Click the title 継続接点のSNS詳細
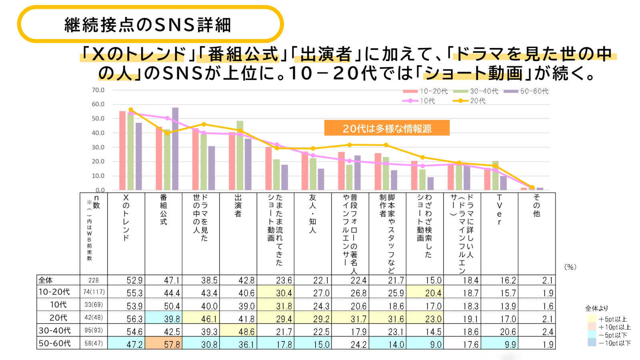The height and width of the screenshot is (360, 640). coord(148,25)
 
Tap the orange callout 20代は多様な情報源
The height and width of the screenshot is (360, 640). coord(387,128)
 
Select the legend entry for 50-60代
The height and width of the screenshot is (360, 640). coord(526,91)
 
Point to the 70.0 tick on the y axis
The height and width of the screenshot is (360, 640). coord(98,90)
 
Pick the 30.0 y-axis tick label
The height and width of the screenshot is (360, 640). coord(98,147)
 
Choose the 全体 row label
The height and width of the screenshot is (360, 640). coord(46,280)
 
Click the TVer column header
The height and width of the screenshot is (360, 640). coord(499,210)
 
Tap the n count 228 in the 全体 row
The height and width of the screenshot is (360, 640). coord(94,280)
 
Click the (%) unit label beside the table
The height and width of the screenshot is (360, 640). coord(570,267)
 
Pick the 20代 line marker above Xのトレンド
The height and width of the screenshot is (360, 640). coord(131,110)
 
